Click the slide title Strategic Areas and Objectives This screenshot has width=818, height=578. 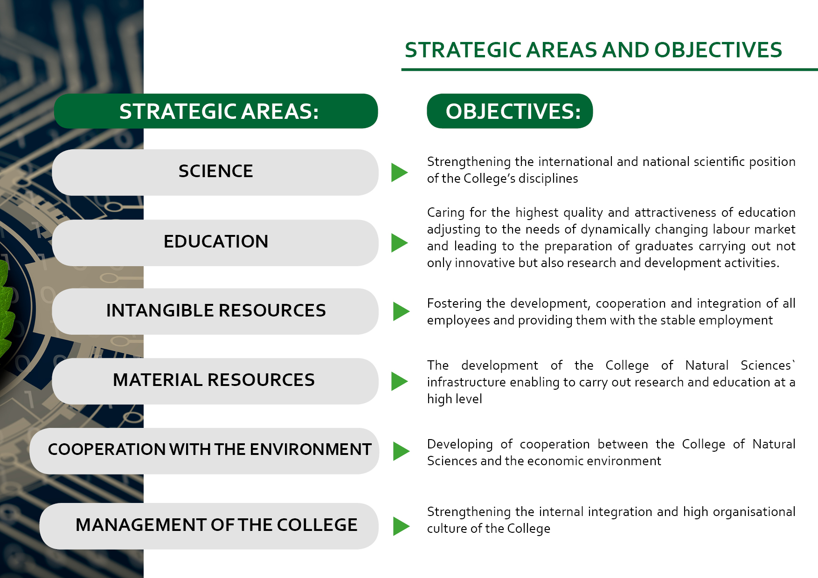[593, 50]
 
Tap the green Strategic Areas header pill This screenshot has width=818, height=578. [216, 111]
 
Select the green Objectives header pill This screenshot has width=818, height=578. [510, 111]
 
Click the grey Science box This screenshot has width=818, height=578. [215, 172]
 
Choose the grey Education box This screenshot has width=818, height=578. [215, 242]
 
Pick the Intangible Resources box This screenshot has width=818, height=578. [215, 311]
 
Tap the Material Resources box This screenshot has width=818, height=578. [215, 381]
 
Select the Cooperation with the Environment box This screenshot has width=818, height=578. [204, 451]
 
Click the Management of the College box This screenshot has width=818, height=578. [209, 526]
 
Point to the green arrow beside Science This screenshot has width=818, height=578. [399, 172]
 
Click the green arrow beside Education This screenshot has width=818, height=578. [399, 243]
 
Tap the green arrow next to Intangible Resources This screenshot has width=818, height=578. [401, 311]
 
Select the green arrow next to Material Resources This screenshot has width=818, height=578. [399, 381]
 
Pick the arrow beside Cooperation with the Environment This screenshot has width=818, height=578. [401, 451]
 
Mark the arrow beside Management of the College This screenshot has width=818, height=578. [401, 526]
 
